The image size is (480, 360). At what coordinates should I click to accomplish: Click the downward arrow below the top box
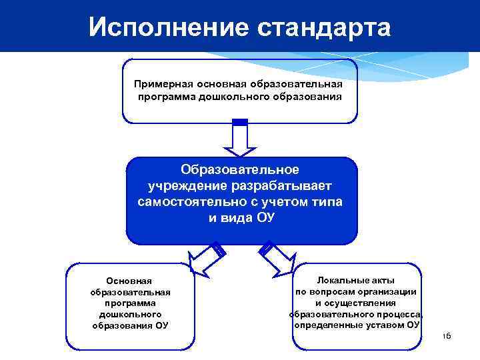(x=240, y=140)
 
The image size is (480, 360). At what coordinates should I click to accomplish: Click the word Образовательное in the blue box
(x=240, y=170)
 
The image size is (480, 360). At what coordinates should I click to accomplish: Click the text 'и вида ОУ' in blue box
(x=240, y=219)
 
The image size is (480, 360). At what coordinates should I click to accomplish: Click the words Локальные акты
(x=356, y=280)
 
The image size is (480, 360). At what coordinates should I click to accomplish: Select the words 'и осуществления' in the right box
(x=356, y=303)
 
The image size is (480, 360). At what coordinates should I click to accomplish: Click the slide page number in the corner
(x=447, y=336)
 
